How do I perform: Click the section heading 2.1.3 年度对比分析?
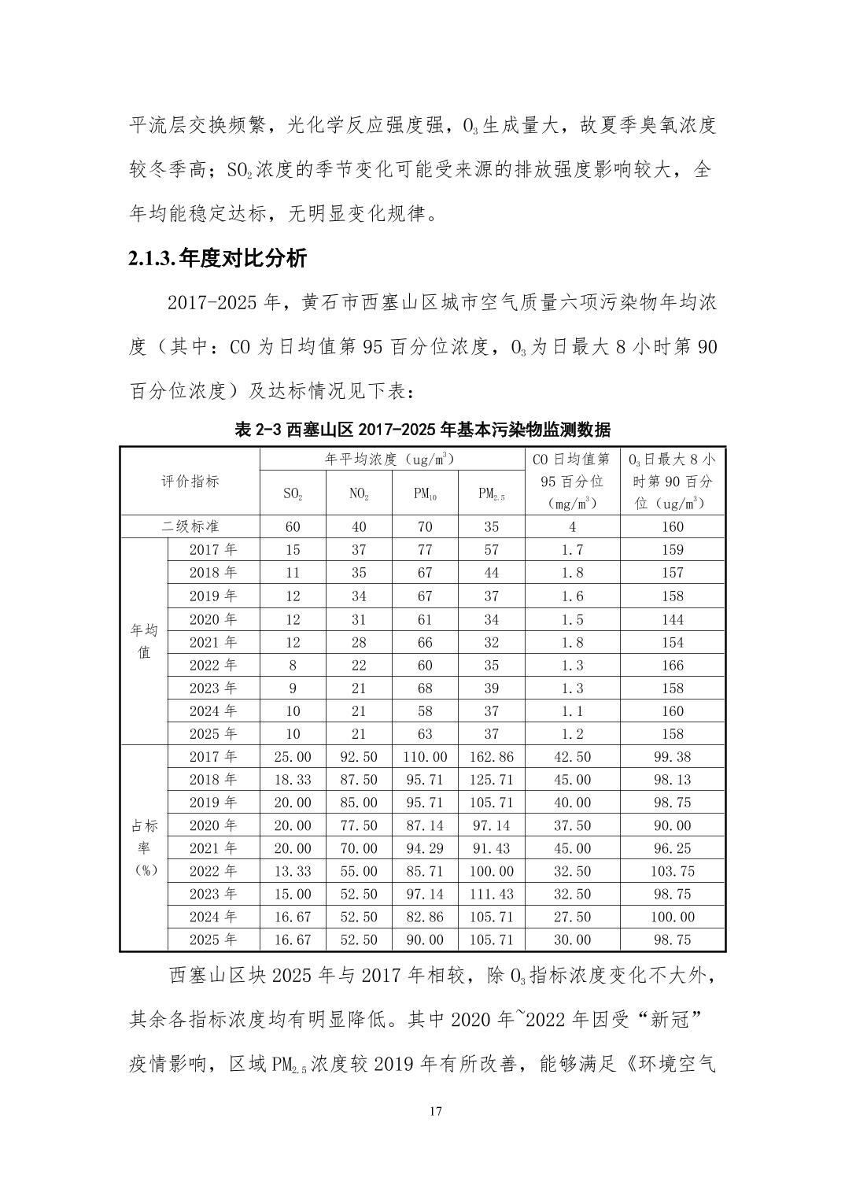[218, 258]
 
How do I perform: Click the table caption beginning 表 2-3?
[422, 430]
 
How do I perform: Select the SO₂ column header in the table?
[293, 494]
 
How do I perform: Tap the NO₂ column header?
[359, 494]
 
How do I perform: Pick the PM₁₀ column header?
[425, 494]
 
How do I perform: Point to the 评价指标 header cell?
[190, 482]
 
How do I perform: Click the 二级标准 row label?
[190, 526]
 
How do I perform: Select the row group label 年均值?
[144, 641]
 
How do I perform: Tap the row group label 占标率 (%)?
[144, 847]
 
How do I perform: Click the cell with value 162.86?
[491, 756]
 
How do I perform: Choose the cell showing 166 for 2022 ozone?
[673, 665]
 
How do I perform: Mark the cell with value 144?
[673, 619]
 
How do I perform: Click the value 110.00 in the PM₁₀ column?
[425, 756]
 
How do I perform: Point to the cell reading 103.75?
[673, 871]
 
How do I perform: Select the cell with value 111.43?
[491, 894]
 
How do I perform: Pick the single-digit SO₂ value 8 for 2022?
[293, 665]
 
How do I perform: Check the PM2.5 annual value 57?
[491, 550]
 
